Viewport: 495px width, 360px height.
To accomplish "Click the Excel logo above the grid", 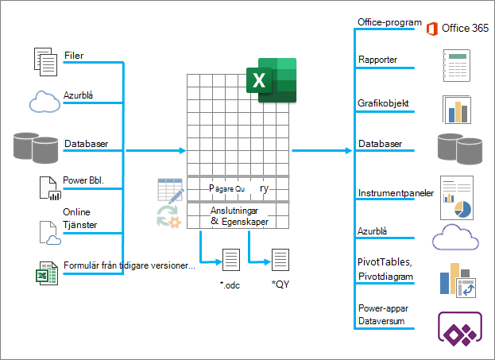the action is tap(271, 80).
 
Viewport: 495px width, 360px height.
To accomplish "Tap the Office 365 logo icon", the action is tap(432, 29).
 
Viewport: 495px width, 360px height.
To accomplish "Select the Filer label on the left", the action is tap(74, 56).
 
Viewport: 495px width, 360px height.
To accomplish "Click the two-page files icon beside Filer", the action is tap(45, 62).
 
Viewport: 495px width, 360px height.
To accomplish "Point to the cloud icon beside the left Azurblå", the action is tap(44, 102).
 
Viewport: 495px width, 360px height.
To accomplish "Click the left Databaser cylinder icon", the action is tap(36, 148).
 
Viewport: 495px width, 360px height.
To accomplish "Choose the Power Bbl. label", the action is tap(83, 180).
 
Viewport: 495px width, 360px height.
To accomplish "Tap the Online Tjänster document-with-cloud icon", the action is tap(50, 233).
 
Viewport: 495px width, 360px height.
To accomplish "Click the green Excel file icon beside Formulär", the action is tap(47, 273).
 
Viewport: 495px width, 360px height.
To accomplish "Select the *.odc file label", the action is tap(230, 285).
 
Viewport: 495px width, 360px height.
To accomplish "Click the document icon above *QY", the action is tap(280, 260).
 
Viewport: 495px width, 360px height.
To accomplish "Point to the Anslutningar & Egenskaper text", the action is tap(239, 216).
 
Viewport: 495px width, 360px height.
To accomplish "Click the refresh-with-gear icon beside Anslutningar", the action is tap(169, 216).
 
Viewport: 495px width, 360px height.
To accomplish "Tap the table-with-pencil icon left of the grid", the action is tap(171, 191).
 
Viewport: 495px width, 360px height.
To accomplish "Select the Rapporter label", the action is tap(377, 60).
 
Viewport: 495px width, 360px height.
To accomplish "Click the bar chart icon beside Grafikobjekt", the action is tap(457, 110).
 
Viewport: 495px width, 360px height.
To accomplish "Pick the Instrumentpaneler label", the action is tap(396, 193).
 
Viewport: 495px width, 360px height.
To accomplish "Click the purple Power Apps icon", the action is tap(460, 328).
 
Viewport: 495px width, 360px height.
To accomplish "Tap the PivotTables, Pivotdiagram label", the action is tap(385, 269).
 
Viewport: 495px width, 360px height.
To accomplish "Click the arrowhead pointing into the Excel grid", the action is tap(183, 151).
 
